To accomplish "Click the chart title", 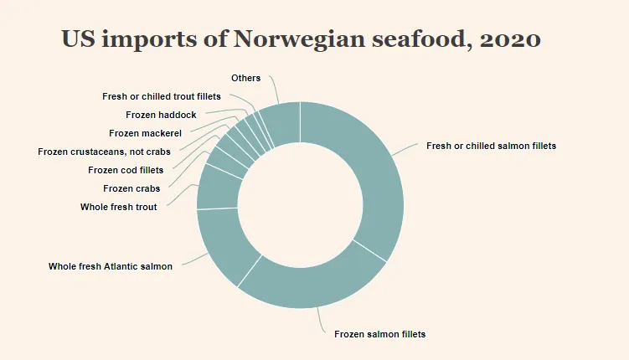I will click(x=301, y=39).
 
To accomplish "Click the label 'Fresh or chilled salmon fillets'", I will click(x=491, y=146).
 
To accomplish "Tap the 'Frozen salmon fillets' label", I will click(x=379, y=334).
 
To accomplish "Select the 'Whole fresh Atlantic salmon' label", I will click(x=111, y=266).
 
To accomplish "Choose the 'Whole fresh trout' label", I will click(x=119, y=206).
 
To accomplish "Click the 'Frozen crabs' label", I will click(x=131, y=188).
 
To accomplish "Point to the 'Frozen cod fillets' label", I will click(x=126, y=170).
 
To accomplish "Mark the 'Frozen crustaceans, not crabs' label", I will click(x=104, y=152).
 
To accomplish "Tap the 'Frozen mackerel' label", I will click(x=145, y=133).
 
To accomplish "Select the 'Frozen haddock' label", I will click(x=161, y=115).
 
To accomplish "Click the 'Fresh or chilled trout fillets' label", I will click(x=162, y=96).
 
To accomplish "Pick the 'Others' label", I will click(x=246, y=78).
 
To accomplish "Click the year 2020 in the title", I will click(x=510, y=39).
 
